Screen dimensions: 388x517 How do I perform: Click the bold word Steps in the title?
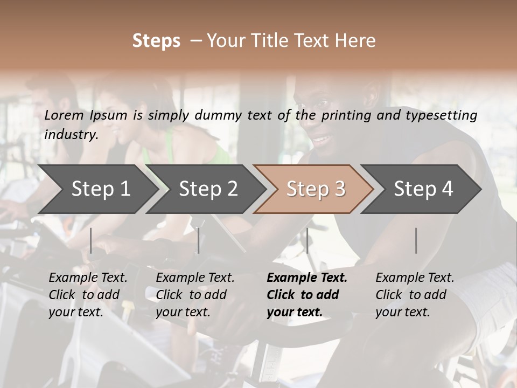(156, 41)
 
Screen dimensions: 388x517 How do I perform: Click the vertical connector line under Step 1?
(91, 240)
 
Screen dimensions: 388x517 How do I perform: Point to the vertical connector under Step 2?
(199, 240)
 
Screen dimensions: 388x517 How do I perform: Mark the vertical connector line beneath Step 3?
(307, 240)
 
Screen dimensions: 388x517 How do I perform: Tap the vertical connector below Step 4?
(416, 240)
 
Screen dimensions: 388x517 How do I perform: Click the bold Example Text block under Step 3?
(307, 295)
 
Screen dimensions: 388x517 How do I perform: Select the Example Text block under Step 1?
(88, 295)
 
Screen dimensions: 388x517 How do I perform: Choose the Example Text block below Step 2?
(195, 295)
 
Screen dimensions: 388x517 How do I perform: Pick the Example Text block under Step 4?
(415, 295)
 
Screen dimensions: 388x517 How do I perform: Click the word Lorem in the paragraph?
(64, 115)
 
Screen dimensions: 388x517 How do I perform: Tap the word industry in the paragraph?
(71, 134)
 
